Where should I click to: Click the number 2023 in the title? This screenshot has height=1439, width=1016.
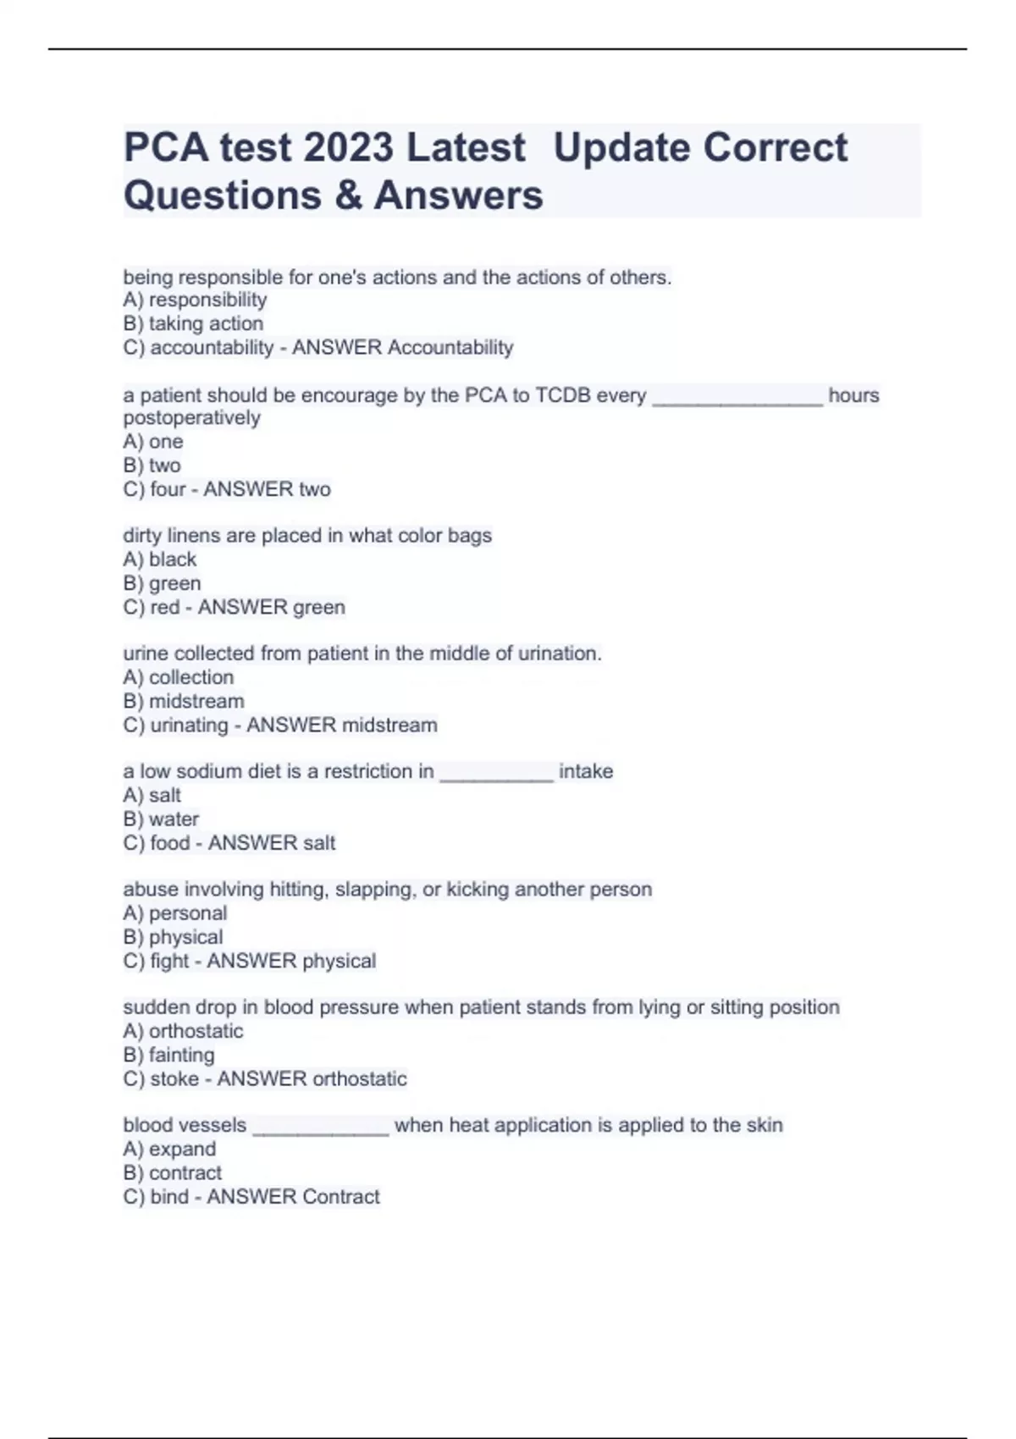pos(348,148)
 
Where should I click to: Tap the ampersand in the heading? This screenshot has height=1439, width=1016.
pos(347,196)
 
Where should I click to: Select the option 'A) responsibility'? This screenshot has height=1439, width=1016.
pos(195,300)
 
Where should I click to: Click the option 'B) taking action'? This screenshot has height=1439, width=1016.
pos(193,323)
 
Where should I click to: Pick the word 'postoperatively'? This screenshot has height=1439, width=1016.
pos(191,418)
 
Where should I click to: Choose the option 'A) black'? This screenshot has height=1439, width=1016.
pos(159,560)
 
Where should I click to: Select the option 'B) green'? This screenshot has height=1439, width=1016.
pos(162,583)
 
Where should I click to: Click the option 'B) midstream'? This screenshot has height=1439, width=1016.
pos(184,701)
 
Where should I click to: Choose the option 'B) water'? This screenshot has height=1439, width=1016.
pos(161,819)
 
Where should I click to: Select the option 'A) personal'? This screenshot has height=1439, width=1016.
pos(175,913)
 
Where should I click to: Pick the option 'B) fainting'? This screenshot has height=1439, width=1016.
pos(168,1055)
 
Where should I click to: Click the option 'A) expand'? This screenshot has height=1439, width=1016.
pos(169,1149)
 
